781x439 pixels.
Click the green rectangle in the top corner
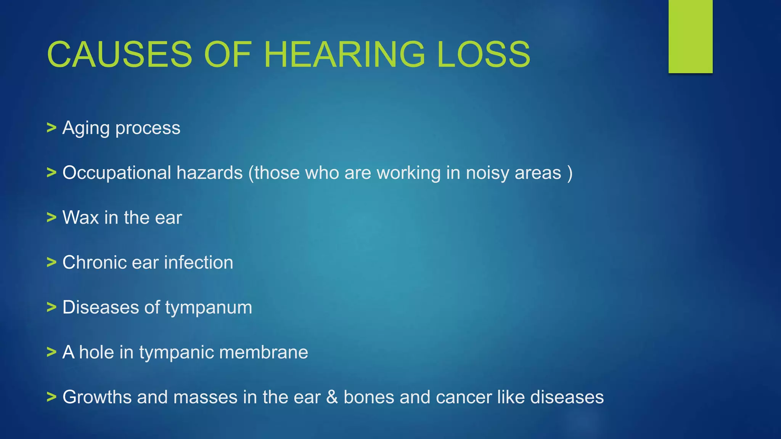[x=690, y=36]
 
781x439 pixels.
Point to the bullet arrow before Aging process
[x=51, y=128]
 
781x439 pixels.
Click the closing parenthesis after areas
[x=570, y=173]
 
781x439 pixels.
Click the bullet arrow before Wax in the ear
[x=51, y=218]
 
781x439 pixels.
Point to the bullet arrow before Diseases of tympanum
[x=51, y=307]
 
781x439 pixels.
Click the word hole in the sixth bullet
[x=96, y=352]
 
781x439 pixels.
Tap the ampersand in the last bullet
[x=332, y=397]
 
